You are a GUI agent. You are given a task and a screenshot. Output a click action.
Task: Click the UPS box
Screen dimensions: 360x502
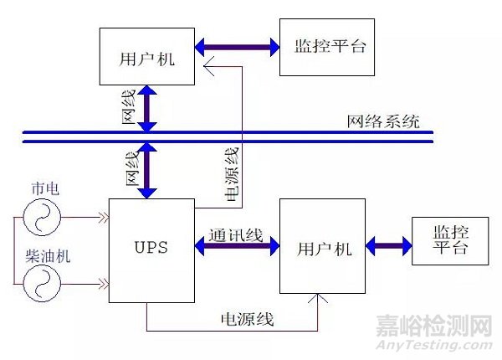[152, 249]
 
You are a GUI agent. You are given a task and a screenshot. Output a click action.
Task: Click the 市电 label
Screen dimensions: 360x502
[39, 188]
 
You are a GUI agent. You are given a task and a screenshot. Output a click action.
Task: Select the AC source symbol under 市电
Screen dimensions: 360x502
[39, 221]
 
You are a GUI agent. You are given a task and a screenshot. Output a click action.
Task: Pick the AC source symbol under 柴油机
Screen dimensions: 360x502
[39, 284]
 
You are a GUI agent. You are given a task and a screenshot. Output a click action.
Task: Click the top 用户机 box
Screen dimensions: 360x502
[146, 56]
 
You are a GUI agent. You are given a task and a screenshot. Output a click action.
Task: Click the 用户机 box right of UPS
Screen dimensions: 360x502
[322, 248]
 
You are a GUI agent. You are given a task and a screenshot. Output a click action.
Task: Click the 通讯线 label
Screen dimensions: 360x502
[237, 235]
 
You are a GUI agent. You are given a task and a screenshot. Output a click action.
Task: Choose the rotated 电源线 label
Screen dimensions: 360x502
[229, 173]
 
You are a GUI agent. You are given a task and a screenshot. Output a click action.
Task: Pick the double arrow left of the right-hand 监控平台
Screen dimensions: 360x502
[387, 247]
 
